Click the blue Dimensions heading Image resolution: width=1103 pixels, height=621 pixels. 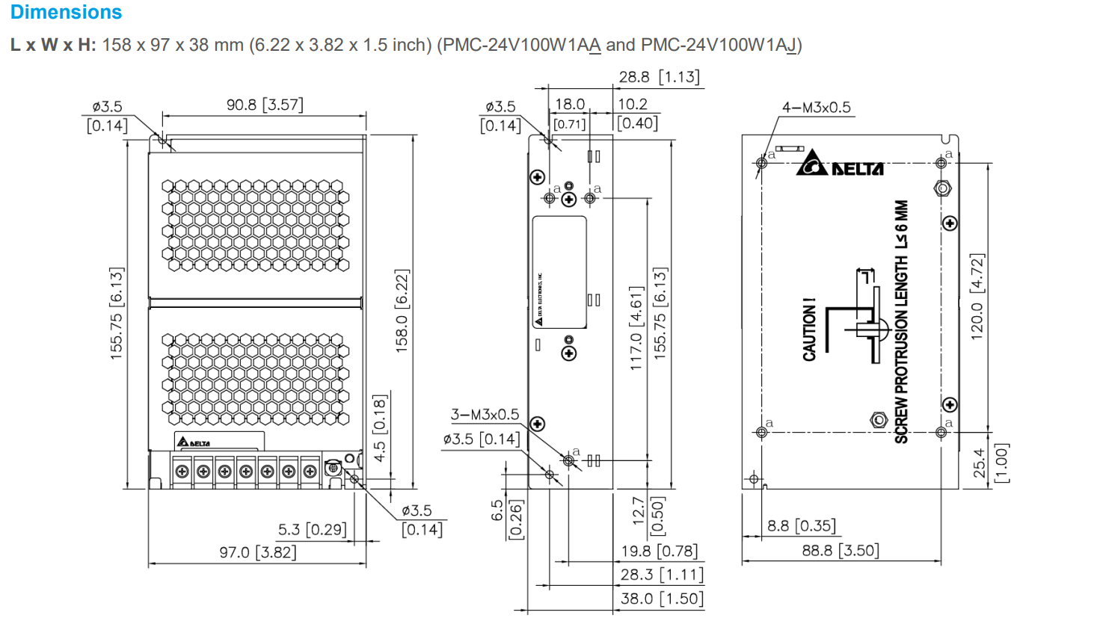[66, 13]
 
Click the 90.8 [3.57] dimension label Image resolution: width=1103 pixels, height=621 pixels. [265, 105]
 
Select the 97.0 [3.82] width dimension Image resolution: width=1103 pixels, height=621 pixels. [257, 552]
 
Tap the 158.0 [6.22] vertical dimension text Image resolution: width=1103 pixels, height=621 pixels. [402, 311]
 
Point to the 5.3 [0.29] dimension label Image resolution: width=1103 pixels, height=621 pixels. [312, 530]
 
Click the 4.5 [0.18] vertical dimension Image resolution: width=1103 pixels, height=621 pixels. [379, 428]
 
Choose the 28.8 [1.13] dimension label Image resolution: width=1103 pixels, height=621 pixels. [659, 77]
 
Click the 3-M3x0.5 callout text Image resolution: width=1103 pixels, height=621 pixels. [485, 415]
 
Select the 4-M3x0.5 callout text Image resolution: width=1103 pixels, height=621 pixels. [816, 108]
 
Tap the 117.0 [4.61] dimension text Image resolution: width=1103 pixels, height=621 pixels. [636, 328]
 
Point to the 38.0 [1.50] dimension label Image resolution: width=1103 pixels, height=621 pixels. [662, 599]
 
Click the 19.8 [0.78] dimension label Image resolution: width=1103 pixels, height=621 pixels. [659, 552]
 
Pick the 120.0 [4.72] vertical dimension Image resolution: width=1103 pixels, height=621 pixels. [977, 297]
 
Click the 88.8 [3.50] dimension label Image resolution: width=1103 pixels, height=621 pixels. [841, 551]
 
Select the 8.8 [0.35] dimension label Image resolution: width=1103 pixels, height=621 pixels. [802, 526]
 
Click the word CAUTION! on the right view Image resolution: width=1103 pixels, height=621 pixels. [809, 330]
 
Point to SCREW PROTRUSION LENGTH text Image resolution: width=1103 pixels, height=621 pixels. [901, 321]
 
